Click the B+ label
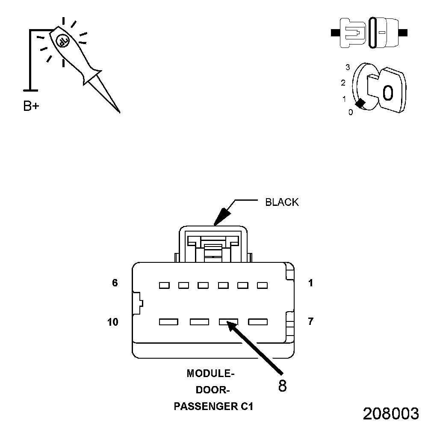tap(31, 106)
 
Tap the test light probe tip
tap(118, 111)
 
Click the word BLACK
tap(282, 202)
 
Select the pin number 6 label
tap(115, 283)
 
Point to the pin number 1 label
tap(311, 283)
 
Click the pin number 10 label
tap(113, 322)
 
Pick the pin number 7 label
tap(311, 321)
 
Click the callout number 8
tap(282, 386)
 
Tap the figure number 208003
tap(391, 413)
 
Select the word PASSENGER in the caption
tap(203, 406)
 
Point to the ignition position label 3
tap(348, 67)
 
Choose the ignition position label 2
tap(343, 83)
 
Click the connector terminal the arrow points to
tap(228, 322)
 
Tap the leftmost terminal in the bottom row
tap(168, 322)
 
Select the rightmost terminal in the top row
tap(262, 285)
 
